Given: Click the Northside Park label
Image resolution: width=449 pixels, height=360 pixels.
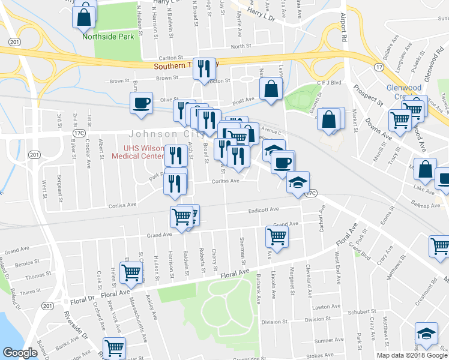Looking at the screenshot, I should (108, 37).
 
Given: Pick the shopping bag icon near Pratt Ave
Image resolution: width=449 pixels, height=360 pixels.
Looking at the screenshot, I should (271, 90).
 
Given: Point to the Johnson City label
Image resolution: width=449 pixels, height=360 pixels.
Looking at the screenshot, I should (145, 134).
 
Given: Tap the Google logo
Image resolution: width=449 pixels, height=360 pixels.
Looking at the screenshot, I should (20, 352).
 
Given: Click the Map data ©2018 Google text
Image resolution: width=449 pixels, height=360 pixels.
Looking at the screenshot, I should (411, 355).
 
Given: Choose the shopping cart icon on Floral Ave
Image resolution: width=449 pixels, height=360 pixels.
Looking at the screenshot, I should (131, 273).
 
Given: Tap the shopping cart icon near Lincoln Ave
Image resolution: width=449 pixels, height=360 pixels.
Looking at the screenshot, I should (277, 235).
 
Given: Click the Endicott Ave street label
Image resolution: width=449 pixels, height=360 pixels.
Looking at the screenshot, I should (264, 210).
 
